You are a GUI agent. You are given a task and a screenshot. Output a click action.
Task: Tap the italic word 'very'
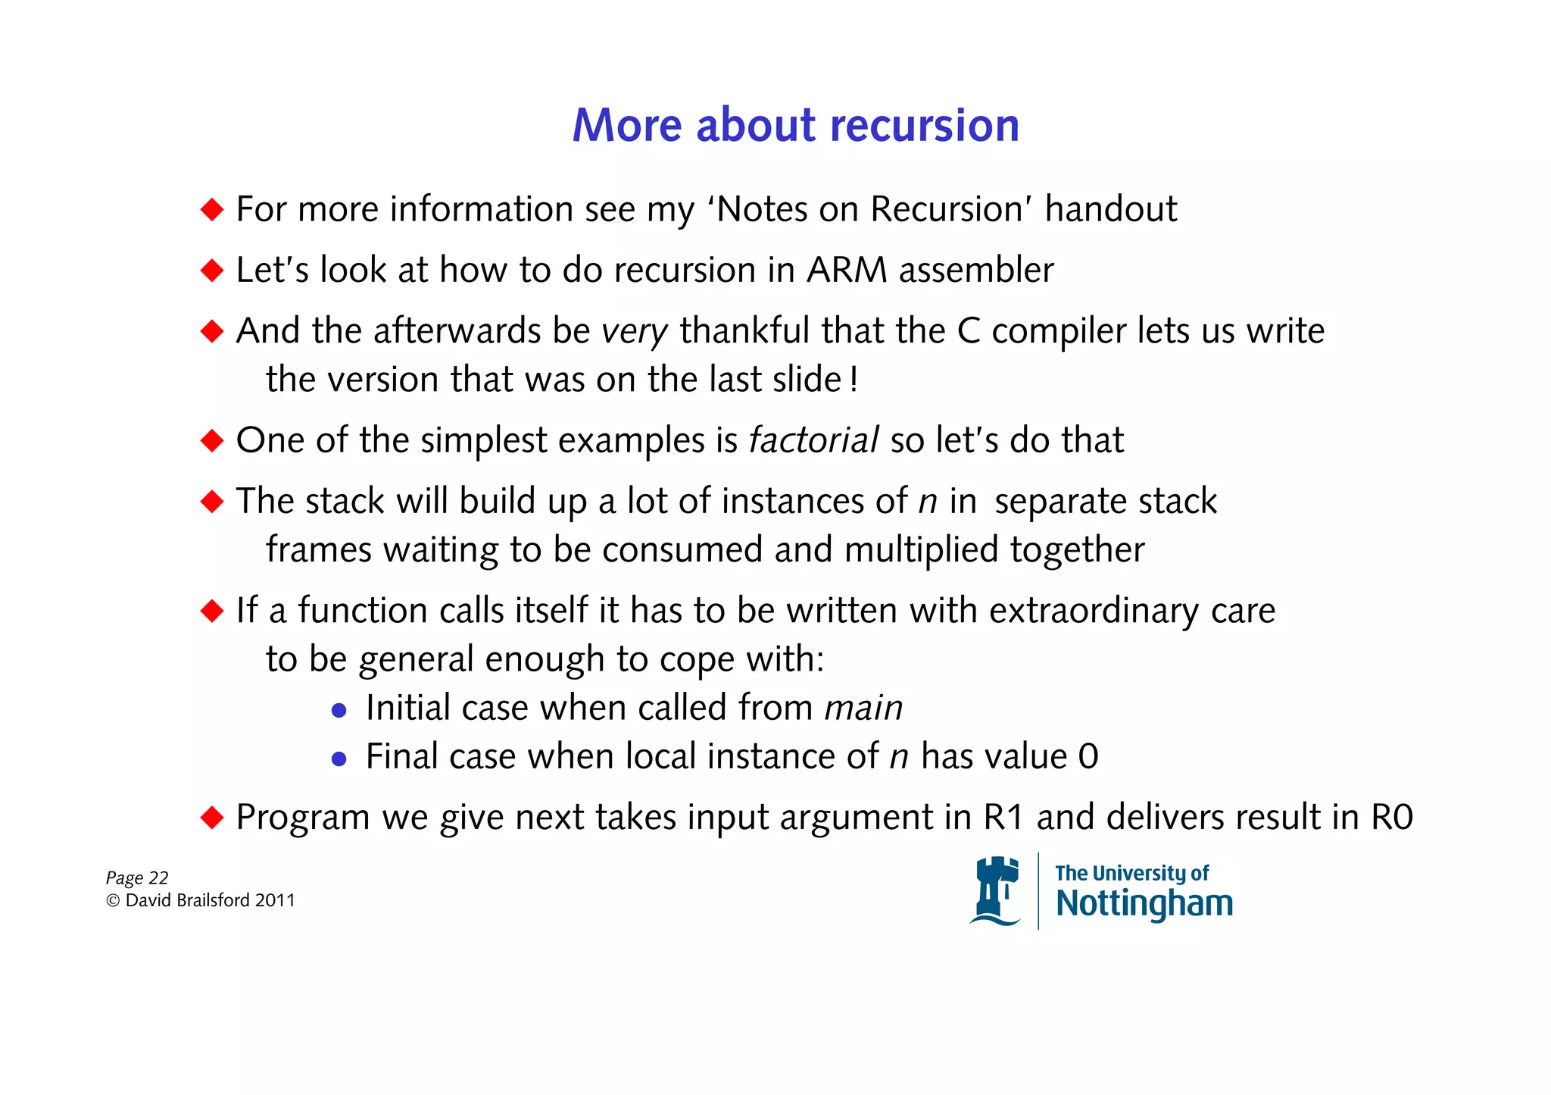(x=634, y=332)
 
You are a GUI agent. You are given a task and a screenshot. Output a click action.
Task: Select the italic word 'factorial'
(x=813, y=440)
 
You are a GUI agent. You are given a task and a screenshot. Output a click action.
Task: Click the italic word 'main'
(x=863, y=708)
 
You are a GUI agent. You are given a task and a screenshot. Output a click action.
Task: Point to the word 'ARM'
(x=846, y=271)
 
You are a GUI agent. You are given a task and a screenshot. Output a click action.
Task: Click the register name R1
(x=1003, y=818)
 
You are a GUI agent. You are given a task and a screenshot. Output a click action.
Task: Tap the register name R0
(x=1391, y=818)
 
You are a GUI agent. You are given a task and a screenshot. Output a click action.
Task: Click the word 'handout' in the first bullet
(x=1111, y=209)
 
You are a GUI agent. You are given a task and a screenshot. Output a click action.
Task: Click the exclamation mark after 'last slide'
(x=854, y=379)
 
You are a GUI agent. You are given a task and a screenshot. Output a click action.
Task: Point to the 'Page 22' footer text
(x=137, y=878)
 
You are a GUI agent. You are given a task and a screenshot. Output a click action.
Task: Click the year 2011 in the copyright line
(x=275, y=900)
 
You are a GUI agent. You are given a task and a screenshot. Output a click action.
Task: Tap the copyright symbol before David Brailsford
(x=113, y=900)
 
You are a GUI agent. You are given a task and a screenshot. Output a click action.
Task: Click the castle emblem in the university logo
(x=995, y=891)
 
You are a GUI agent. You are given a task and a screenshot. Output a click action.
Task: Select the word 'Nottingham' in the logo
(x=1144, y=903)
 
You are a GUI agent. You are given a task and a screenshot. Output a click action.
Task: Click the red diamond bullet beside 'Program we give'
(x=212, y=817)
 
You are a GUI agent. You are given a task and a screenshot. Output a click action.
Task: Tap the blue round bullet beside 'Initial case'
(x=339, y=710)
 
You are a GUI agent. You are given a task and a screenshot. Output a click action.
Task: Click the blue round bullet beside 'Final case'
(x=339, y=759)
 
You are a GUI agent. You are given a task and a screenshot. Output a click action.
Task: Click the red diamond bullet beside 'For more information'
(x=212, y=209)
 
